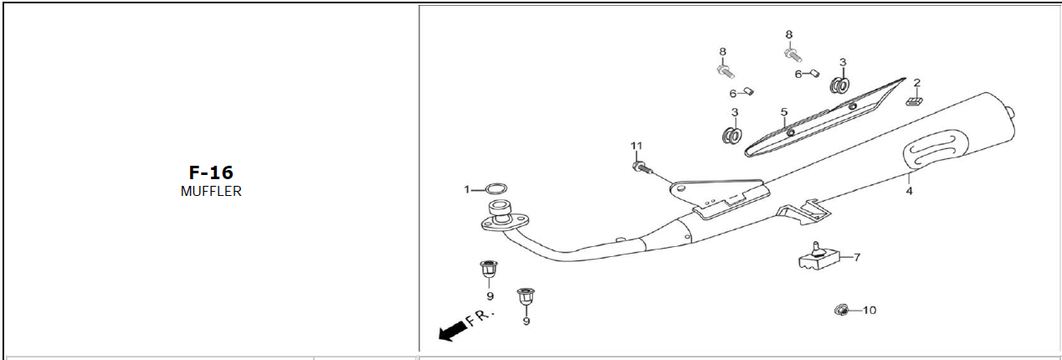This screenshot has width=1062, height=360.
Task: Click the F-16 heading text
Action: tap(210, 173)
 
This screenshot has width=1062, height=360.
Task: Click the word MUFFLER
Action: tap(211, 191)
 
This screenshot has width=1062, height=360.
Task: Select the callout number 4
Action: tap(909, 191)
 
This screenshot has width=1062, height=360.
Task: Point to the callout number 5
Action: tap(784, 112)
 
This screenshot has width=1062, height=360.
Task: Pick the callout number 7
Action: tap(856, 258)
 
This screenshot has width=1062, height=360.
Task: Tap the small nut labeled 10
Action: tap(841, 311)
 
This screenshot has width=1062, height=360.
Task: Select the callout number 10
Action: tap(869, 311)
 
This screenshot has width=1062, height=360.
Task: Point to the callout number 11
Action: tap(636, 147)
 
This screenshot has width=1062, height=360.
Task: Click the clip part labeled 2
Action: tap(914, 101)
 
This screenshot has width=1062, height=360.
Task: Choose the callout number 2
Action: tap(916, 83)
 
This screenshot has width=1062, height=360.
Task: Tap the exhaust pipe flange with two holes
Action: tap(500, 219)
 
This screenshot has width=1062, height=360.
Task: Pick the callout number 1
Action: tap(468, 190)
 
